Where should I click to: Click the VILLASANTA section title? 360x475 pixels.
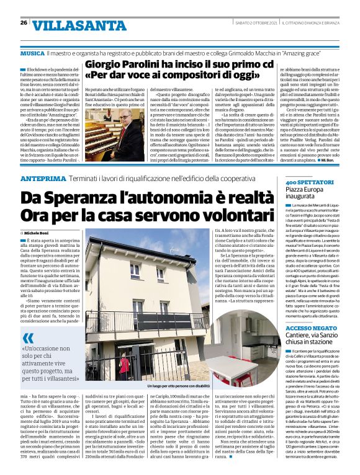tap(66, 25)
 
